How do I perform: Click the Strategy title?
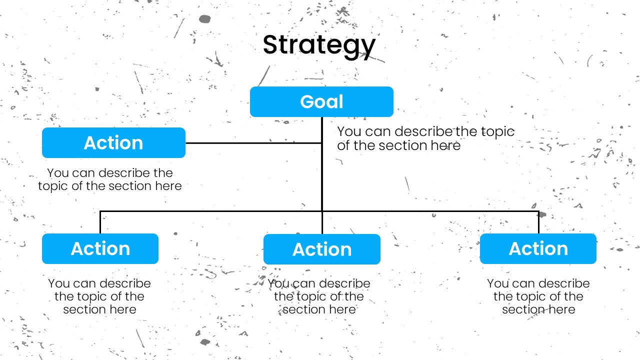click(319, 45)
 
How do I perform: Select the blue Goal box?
click(321, 101)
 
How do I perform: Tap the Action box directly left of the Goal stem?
click(113, 142)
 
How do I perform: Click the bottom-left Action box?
click(100, 248)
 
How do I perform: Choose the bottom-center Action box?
click(322, 249)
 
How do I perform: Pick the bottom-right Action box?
click(538, 248)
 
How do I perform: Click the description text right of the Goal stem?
click(425, 138)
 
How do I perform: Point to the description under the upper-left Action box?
click(110, 179)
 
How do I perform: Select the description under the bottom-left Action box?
click(99, 296)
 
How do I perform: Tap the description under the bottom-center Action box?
click(319, 296)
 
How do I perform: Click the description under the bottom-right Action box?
click(538, 296)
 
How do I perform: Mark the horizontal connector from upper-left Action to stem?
click(253, 143)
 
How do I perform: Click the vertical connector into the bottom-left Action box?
click(100, 222)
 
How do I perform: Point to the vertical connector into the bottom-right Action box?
click(538, 222)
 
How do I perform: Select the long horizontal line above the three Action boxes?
click(319, 211)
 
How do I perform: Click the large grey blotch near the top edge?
click(205, 19)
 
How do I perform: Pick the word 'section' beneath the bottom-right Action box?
click(523, 309)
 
